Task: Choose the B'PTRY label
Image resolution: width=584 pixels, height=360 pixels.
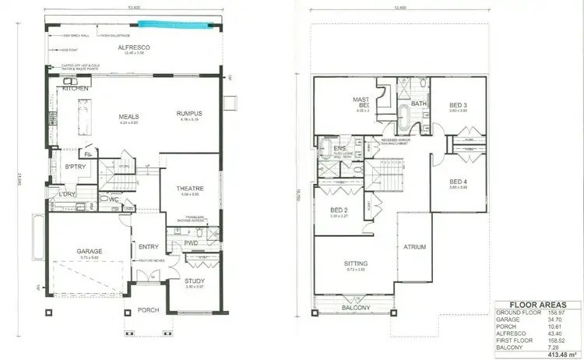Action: [75, 168]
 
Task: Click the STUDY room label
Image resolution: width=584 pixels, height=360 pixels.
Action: [195, 281]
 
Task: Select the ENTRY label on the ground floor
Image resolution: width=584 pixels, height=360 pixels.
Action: [148, 247]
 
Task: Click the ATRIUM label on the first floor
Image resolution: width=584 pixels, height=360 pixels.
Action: [415, 249]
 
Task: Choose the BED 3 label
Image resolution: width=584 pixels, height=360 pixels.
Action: [459, 105]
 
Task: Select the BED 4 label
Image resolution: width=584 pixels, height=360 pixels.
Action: [459, 182]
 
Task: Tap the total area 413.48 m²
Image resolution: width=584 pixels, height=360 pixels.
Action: [554, 353]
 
